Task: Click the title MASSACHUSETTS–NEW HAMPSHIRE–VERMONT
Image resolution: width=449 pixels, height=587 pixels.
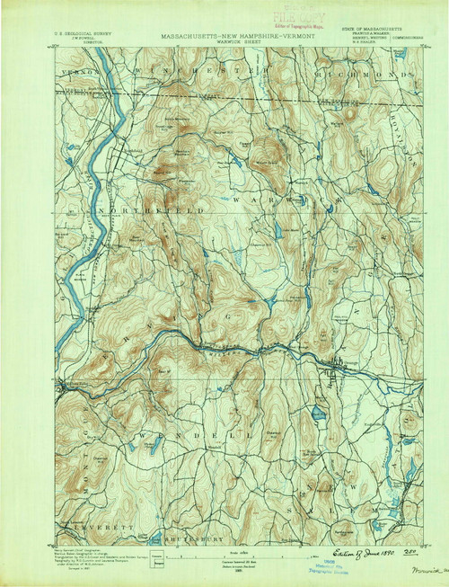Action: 232,38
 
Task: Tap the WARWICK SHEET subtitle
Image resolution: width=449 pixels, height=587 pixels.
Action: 232,44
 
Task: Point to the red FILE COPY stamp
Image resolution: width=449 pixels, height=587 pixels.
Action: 235,15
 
